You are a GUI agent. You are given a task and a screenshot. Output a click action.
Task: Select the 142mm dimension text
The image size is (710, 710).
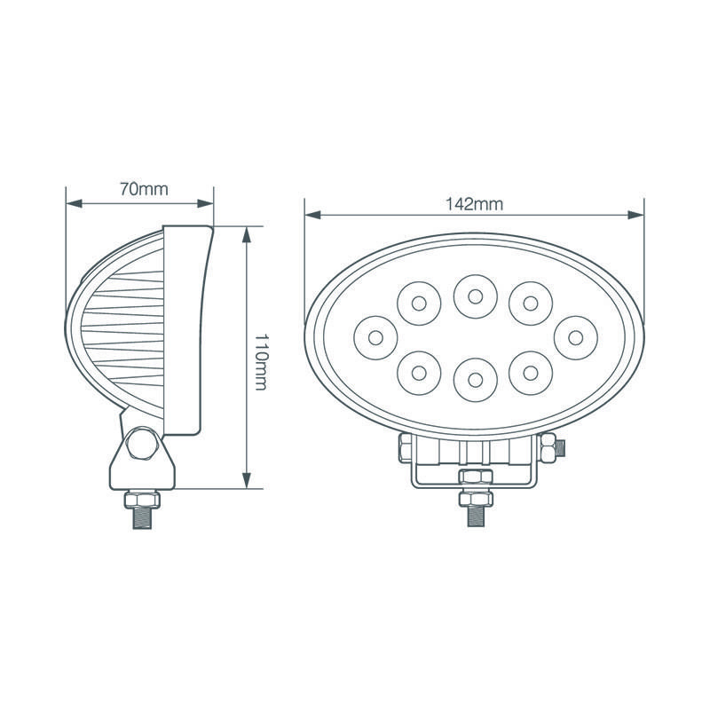pyautogui.click(x=474, y=203)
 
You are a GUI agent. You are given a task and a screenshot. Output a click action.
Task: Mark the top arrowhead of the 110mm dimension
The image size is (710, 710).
pyautogui.click(x=246, y=233)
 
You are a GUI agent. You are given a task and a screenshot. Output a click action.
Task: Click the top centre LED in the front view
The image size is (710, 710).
pyautogui.click(x=474, y=296)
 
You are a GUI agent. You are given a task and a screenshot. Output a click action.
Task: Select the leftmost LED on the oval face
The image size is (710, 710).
pyautogui.click(x=375, y=336)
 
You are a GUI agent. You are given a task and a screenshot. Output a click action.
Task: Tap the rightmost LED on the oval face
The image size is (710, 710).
pyautogui.click(x=574, y=336)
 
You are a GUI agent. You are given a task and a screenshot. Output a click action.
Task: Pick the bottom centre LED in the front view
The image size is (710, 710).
pyautogui.click(x=474, y=379)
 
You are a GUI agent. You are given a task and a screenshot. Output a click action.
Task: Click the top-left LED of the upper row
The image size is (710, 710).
pyautogui.click(x=419, y=304)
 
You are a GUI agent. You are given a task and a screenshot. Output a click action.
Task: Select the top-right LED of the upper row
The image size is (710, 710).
pyautogui.click(x=531, y=304)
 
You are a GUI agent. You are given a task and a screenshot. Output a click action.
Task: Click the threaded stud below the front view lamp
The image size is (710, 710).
pyautogui.click(x=474, y=512)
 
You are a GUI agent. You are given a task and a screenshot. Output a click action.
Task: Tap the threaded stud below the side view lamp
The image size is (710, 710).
pyautogui.click(x=145, y=515)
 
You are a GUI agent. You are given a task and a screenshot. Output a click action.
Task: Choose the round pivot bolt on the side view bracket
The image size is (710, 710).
pyautogui.click(x=143, y=443)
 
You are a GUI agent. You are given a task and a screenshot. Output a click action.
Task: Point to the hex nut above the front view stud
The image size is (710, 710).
pyautogui.click(x=474, y=479)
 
